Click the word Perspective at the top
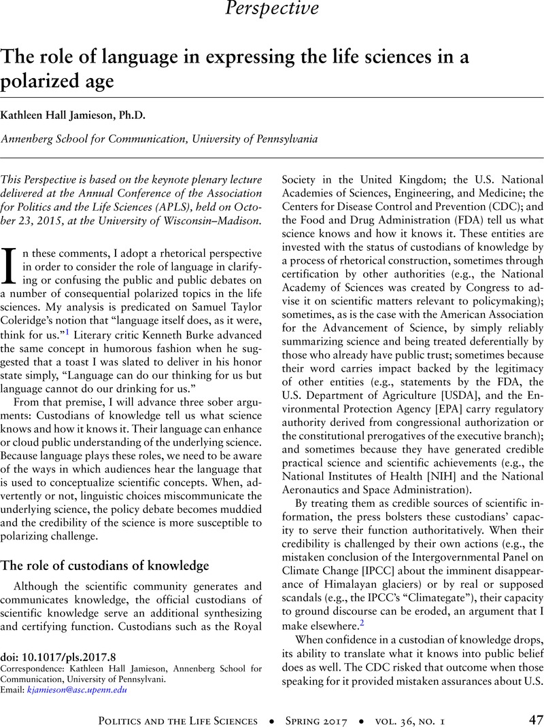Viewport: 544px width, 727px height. coord(272,8)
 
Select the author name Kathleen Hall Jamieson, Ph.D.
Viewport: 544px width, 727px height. coord(77,116)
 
